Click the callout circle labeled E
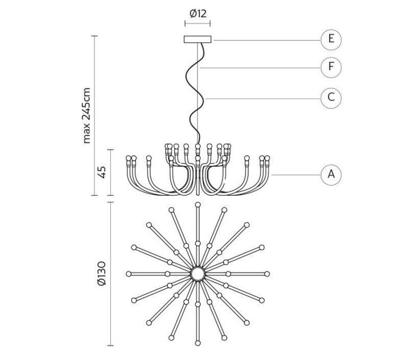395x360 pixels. (x=331, y=39)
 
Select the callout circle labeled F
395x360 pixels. (x=331, y=67)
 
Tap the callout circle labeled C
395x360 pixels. (x=331, y=98)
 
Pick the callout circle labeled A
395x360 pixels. (x=331, y=175)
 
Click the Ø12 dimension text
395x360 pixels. (x=197, y=14)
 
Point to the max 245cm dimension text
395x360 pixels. (x=86, y=115)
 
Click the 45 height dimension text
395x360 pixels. (x=102, y=172)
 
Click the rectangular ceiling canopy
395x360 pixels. (x=197, y=39)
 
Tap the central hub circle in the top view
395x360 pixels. (x=197, y=274)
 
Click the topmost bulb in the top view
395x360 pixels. (x=197, y=205)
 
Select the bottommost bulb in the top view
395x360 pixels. (x=197, y=343)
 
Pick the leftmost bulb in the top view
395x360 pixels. (x=129, y=274)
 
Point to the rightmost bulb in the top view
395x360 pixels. (x=267, y=274)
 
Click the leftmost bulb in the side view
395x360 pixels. (x=129, y=158)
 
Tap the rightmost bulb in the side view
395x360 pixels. (x=267, y=158)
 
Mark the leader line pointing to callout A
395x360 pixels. (x=296, y=175)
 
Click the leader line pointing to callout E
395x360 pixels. (x=265, y=40)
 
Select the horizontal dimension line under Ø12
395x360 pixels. (x=197, y=23)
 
